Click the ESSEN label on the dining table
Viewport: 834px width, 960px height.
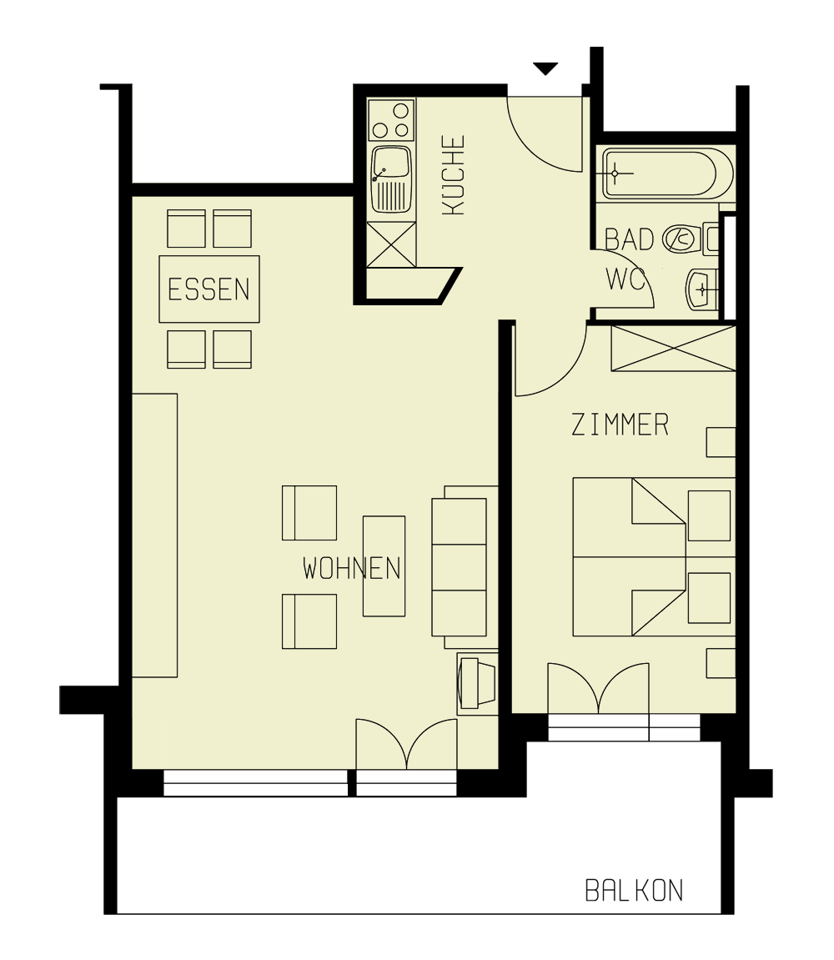point(208,289)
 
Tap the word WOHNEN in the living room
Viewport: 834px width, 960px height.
point(351,569)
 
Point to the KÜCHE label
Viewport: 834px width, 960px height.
point(453,176)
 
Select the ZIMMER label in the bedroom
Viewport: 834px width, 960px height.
point(620,425)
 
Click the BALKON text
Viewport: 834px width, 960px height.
point(634,890)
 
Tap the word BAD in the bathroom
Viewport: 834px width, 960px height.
point(629,240)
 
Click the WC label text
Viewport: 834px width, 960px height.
point(626,279)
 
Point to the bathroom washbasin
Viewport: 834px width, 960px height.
point(700,289)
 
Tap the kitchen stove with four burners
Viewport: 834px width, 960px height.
point(392,120)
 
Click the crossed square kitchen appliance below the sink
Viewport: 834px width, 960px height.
point(391,244)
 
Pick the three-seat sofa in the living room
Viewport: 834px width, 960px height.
point(460,567)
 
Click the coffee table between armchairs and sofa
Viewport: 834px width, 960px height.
point(384,566)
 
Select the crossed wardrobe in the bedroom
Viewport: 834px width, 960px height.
point(673,349)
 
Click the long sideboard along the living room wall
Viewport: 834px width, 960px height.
point(155,535)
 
